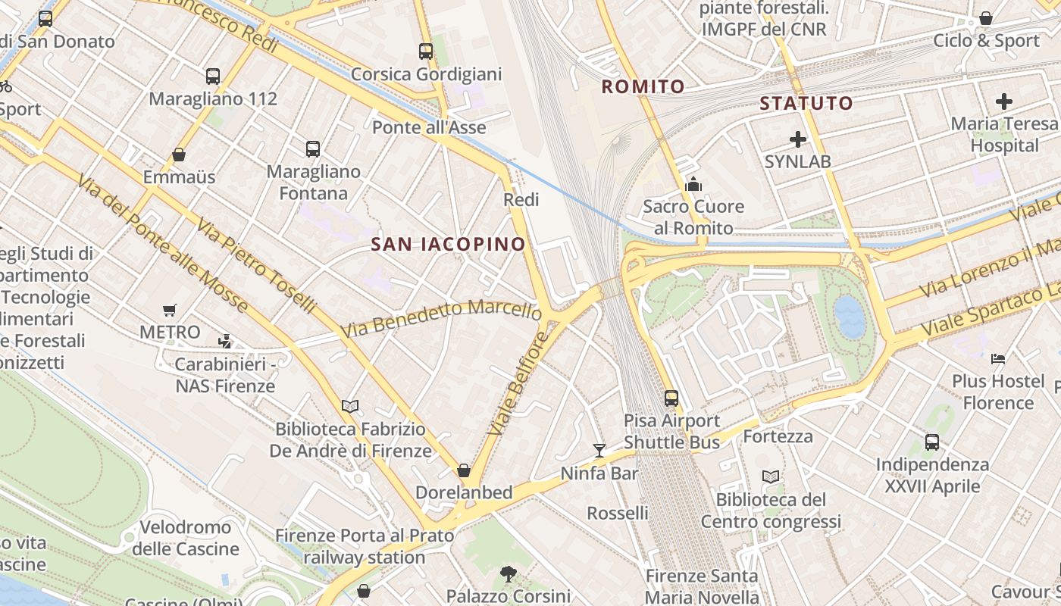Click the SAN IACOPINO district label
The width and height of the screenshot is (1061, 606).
(449, 244)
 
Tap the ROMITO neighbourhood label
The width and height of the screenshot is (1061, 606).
(643, 87)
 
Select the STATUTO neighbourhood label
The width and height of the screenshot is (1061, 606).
(806, 103)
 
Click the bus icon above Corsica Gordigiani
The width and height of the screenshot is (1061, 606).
(426, 52)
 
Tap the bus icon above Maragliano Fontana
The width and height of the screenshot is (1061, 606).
(313, 149)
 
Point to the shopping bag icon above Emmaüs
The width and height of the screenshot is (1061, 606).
(179, 155)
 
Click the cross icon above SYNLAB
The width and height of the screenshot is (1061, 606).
(798, 139)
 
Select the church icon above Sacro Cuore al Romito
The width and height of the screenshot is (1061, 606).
(693, 184)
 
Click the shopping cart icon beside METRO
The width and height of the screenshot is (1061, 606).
(170, 310)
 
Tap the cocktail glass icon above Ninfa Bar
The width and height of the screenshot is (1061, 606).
(599, 451)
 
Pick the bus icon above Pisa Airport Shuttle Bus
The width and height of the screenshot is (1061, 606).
(671, 398)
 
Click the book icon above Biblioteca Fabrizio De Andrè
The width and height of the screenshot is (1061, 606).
(350, 407)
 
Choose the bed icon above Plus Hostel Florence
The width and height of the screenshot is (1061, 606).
(998, 358)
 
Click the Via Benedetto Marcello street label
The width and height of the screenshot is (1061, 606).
(441, 318)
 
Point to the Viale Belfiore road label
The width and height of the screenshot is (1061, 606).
(517, 383)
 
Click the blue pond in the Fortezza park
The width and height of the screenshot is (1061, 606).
(850, 316)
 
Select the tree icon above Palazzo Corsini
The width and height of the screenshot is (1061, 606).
(509, 573)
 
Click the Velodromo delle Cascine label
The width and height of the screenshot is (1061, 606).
(186, 538)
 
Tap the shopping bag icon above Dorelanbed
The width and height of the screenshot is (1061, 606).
(464, 470)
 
